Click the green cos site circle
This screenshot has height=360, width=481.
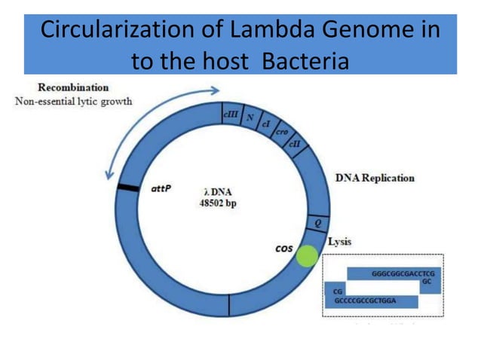(306, 255)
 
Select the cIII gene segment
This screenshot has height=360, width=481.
(230, 114)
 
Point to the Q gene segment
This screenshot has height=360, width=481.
(317, 222)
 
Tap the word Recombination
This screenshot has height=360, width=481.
(73, 87)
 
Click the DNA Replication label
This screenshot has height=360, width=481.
(374, 178)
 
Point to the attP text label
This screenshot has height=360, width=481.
(161, 188)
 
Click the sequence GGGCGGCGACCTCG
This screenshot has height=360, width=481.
(403, 274)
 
